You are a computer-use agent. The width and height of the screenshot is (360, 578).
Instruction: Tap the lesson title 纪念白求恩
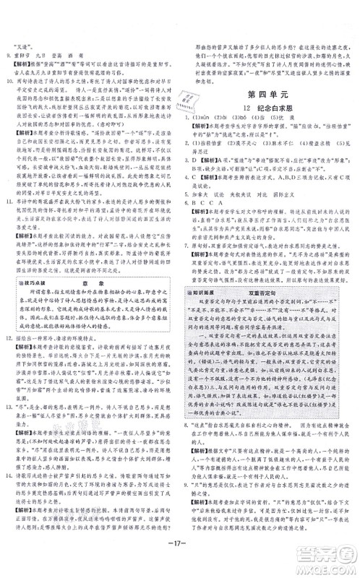[270, 108]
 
